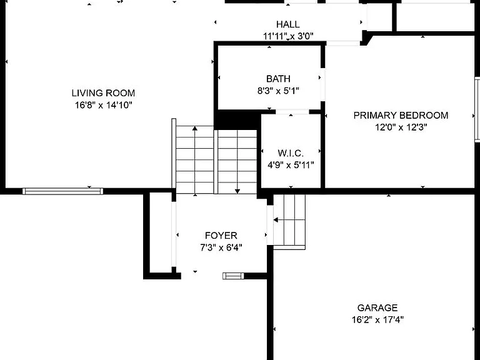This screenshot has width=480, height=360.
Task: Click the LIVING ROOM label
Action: (103, 92)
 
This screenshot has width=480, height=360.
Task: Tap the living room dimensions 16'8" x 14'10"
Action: (104, 105)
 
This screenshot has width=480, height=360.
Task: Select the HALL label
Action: (288, 24)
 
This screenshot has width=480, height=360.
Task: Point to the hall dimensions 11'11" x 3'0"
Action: (288, 36)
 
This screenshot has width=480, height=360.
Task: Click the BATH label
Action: (278, 79)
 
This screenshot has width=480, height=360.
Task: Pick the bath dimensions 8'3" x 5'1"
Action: (278, 91)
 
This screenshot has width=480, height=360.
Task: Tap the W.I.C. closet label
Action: (291, 153)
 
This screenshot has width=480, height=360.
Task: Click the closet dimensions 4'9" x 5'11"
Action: (291, 165)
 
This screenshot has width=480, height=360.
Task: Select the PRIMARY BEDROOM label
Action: (401, 115)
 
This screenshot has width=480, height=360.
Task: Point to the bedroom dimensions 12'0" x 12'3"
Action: (401, 127)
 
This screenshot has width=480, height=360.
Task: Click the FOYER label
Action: (221, 236)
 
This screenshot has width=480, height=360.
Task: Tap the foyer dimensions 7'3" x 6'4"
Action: (221, 247)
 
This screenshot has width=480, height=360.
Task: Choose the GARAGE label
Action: (377, 307)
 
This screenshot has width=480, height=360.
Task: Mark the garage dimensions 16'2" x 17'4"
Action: (377, 320)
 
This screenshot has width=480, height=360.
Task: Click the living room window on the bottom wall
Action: (62, 191)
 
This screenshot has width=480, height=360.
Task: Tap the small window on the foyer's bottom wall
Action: (233, 276)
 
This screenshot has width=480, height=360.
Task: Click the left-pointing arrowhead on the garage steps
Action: (276, 220)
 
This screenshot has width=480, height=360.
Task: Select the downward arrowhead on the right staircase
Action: (237, 192)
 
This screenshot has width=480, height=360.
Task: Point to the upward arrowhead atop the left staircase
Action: (195, 128)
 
